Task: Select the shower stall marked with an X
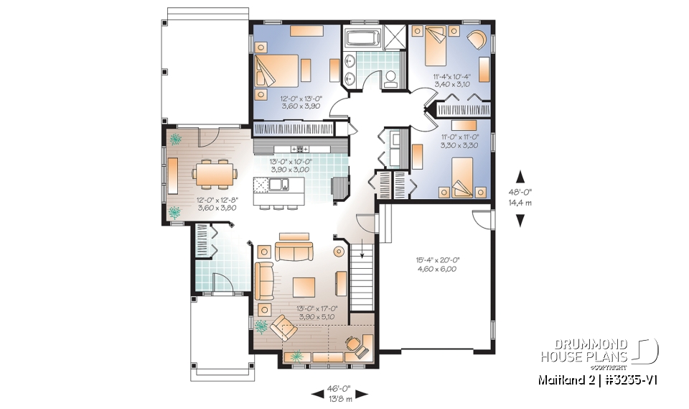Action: (x=394, y=38)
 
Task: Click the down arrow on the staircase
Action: (x=362, y=251)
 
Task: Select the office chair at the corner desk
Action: (x=353, y=343)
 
